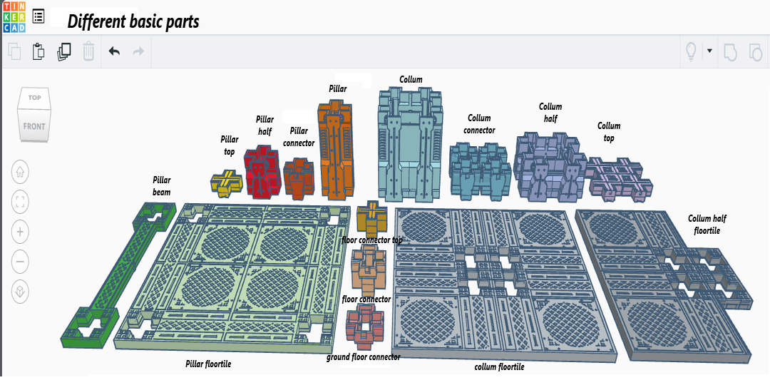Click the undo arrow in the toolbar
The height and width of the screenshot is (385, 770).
pyautogui.click(x=114, y=51)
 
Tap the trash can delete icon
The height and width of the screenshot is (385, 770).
pyautogui.click(x=88, y=51)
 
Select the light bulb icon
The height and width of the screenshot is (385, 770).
pyautogui.click(x=691, y=51)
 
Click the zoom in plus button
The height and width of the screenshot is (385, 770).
pyautogui.click(x=20, y=231)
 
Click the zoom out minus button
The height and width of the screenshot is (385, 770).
pyautogui.click(x=20, y=262)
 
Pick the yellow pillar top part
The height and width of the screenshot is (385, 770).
pyautogui.click(x=227, y=183)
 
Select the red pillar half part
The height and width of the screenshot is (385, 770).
pyautogui.click(x=262, y=172)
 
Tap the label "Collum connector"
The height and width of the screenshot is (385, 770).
pyautogui.click(x=479, y=124)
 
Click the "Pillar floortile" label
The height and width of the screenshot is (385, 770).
pyautogui.click(x=208, y=364)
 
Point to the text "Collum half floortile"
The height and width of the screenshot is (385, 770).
pyautogui.click(x=707, y=225)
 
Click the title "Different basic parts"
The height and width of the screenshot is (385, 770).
pyautogui.click(x=133, y=21)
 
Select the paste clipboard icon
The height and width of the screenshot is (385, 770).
pyautogui.click(x=38, y=51)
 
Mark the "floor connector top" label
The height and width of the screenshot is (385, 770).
pyautogui.click(x=371, y=240)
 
